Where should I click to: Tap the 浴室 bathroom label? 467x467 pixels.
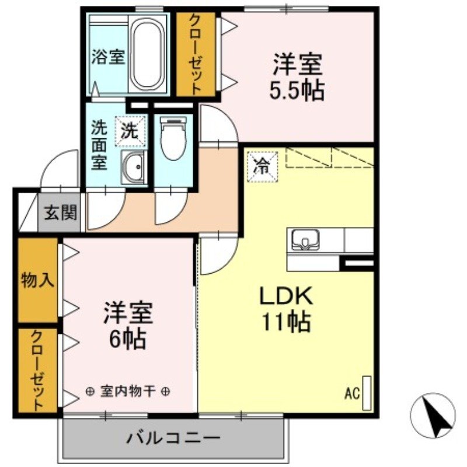108,58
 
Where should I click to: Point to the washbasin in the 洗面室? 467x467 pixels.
134,168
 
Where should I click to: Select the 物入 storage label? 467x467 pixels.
37,280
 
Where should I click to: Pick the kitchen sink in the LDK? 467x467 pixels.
304,239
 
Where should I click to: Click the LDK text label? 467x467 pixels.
287,296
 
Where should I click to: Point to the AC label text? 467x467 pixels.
351,393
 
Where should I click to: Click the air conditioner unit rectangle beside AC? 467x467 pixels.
367,391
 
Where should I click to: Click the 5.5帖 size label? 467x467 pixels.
297,91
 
